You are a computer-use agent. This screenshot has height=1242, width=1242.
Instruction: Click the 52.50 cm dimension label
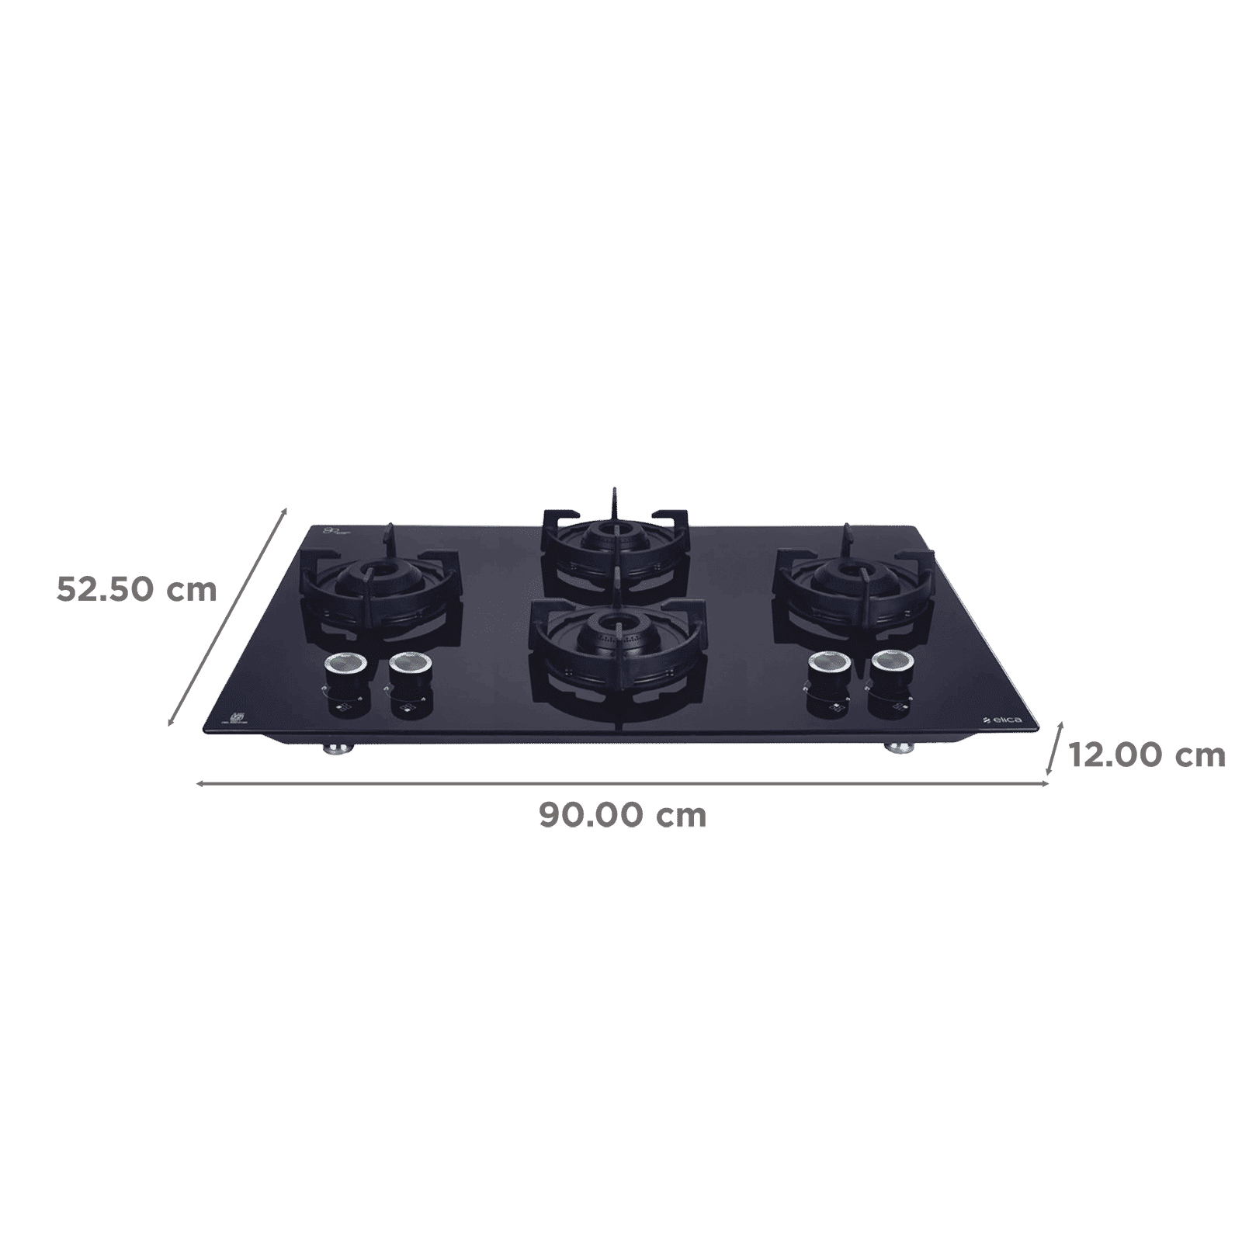pyautogui.click(x=136, y=590)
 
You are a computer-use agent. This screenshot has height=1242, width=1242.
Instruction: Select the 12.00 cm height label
pyautogui.click(x=1147, y=755)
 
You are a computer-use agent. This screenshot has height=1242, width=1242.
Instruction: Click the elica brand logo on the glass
pyautogui.click(x=1000, y=721)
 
